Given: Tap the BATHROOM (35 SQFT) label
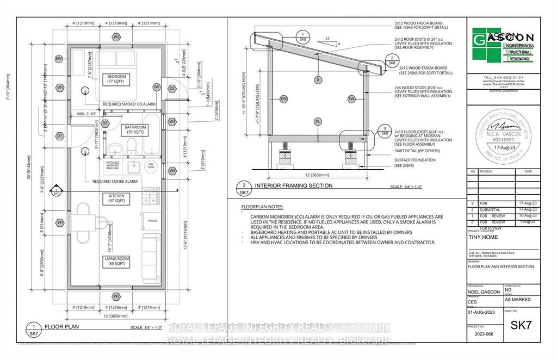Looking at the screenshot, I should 134,129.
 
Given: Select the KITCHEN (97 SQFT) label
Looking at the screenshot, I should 116,198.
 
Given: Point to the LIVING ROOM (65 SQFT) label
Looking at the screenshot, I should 116,261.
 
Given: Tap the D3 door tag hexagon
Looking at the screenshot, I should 105,123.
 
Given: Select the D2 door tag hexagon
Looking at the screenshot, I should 172,88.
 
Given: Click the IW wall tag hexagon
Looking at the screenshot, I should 157,87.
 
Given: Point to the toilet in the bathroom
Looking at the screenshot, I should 131,146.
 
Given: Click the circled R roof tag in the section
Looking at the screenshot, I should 318,80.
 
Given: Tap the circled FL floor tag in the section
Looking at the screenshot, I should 318,122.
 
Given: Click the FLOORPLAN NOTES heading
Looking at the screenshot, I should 263,207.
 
